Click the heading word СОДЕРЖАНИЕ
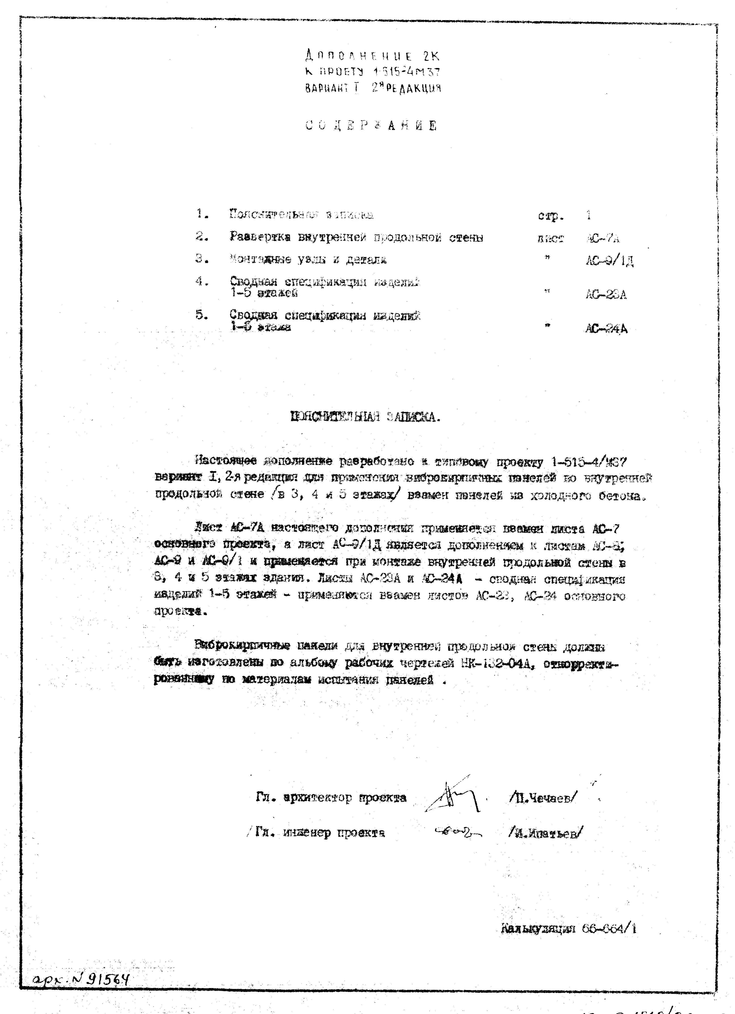(371, 126)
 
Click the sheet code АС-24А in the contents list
(606, 329)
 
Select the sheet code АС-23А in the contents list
(606, 295)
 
